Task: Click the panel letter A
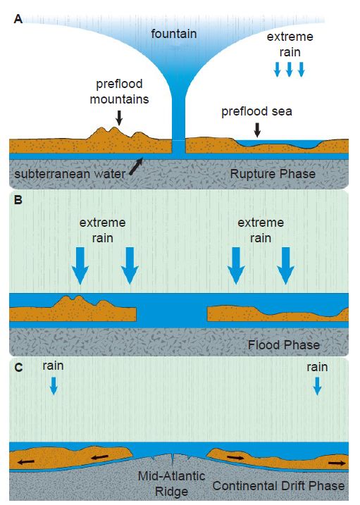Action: click(x=18, y=19)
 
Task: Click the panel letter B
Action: click(x=18, y=200)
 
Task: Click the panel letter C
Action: click(x=19, y=368)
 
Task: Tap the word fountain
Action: click(x=174, y=34)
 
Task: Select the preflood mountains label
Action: click(x=120, y=92)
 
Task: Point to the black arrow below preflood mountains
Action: click(x=119, y=118)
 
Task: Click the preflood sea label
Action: click(x=256, y=112)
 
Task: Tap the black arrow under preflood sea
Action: click(x=257, y=130)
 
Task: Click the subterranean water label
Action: click(x=70, y=174)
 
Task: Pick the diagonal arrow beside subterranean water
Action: click(x=136, y=166)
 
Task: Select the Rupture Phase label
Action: click(x=273, y=174)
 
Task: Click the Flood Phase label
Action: click(x=284, y=345)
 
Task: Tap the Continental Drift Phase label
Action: click(x=278, y=486)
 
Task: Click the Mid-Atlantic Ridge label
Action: click(x=172, y=484)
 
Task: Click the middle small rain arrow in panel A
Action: click(x=289, y=69)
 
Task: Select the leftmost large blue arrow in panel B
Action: click(x=80, y=266)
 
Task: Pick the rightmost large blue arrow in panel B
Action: click(x=285, y=266)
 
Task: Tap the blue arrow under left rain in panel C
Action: click(x=54, y=385)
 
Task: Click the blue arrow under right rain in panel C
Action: click(x=318, y=386)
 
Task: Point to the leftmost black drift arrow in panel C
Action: click(x=26, y=462)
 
